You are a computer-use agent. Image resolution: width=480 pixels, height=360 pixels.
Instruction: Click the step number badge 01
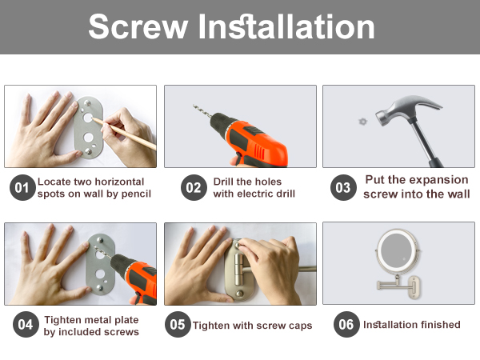[22, 188]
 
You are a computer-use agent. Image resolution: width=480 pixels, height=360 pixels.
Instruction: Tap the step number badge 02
[194, 188]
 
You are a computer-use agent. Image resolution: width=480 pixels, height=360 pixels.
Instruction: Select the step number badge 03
[343, 188]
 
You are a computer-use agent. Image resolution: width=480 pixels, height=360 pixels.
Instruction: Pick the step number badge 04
[26, 325]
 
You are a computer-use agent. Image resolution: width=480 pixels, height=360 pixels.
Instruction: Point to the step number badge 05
[178, 325]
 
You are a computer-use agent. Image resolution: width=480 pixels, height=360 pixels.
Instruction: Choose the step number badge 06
[346, 325]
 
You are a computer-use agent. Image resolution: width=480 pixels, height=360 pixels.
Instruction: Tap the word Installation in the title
[286, 27]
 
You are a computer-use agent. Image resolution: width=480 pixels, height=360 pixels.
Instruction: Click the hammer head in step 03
[407, 110]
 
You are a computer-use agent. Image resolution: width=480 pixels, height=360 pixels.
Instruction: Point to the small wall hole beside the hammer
[362, 122]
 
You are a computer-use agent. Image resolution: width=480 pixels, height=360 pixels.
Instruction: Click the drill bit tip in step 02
[194, 106]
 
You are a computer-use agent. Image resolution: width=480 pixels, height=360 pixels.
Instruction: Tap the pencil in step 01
[124, 134]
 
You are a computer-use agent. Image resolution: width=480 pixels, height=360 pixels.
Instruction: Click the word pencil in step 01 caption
[136, 194]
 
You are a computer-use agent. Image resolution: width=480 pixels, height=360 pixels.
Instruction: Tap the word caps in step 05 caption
[300, 326]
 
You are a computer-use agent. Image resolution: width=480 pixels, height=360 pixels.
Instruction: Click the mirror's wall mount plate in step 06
[416, 287]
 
